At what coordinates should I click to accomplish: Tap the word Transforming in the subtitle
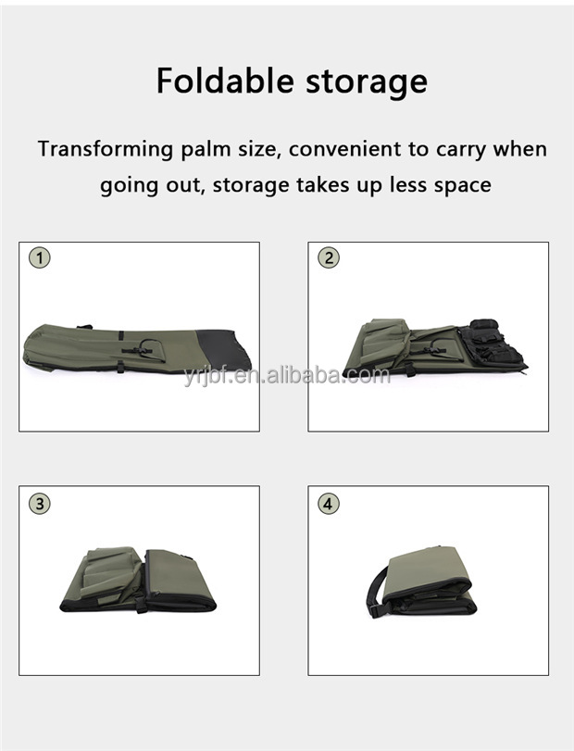105,149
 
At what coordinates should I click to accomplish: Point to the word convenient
325,149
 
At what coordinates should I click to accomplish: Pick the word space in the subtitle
458,185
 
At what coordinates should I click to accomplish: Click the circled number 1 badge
39,258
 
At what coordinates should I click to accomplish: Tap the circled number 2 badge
329,258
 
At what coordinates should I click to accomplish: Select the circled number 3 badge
39,505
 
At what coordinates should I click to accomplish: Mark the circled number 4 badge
329,505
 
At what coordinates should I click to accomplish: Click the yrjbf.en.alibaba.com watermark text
286,375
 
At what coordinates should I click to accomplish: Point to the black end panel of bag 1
226,348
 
